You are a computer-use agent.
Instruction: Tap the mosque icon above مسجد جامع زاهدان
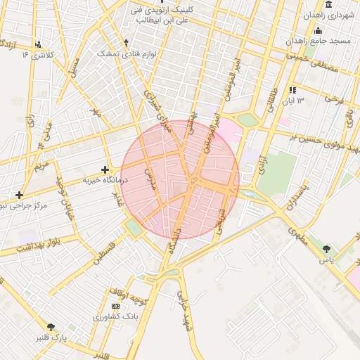(318, 30)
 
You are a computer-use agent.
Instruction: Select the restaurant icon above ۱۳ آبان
(292, 90)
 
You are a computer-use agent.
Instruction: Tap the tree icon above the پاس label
(326, 248)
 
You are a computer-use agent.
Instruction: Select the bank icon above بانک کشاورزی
(115, 306)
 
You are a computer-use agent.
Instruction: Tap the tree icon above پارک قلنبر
(51, 326)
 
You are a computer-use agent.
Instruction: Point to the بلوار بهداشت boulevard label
(27, 247)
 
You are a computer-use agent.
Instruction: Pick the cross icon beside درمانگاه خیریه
(105, 169)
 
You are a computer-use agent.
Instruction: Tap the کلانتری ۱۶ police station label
(37, 54)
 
